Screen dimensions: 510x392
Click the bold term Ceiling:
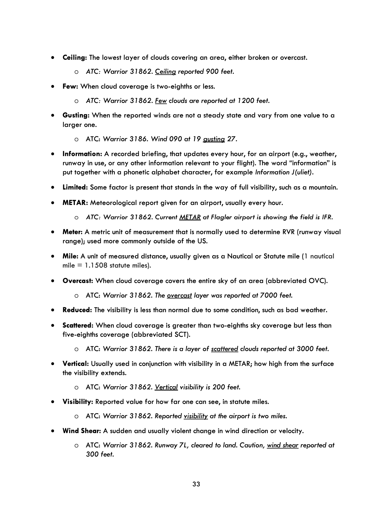[x=75, y=58]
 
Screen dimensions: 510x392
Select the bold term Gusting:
[x=76, y=115]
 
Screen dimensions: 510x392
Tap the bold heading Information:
[x=82, y=154]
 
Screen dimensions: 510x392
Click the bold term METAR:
[x=75, y=203]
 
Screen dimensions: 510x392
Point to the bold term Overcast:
[x=78, y=281]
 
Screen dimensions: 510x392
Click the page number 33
[x=196, y=484]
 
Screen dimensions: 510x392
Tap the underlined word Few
[x=161, y=101]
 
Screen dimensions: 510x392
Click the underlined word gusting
[x=214, y=139]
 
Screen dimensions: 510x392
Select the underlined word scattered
[x=225, y=349]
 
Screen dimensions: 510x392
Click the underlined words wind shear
[x=283, y=445]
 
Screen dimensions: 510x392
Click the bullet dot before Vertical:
[x=53, y=364]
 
